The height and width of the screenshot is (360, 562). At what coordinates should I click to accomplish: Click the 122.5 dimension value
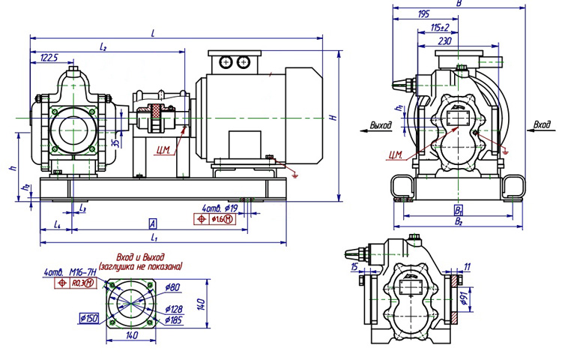[x=49, y=57]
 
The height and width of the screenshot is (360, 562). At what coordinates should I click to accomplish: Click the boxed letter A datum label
[x=152, y=223]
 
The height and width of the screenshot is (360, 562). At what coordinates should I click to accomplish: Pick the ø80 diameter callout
[x=173, y=286]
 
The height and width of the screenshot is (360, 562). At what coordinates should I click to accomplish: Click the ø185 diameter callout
[x=175, y=320]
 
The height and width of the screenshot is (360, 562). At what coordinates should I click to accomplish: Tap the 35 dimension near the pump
[x=114, y=142]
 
